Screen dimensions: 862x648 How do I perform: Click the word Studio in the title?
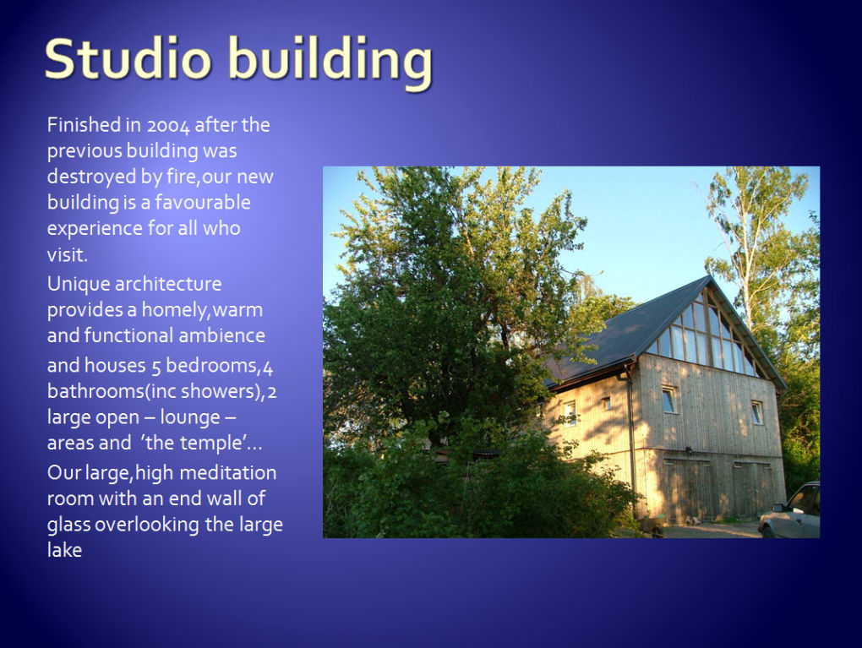pos(128,58)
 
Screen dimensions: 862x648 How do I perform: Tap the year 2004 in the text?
pos(167,126)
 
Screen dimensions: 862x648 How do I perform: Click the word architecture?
pos(168,284)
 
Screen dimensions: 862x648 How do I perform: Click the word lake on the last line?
pos(64,550)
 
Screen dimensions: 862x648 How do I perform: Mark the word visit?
pos(67,254)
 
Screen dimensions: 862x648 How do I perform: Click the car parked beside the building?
pos(789,511)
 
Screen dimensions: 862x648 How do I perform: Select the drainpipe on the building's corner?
pos(631,439)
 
